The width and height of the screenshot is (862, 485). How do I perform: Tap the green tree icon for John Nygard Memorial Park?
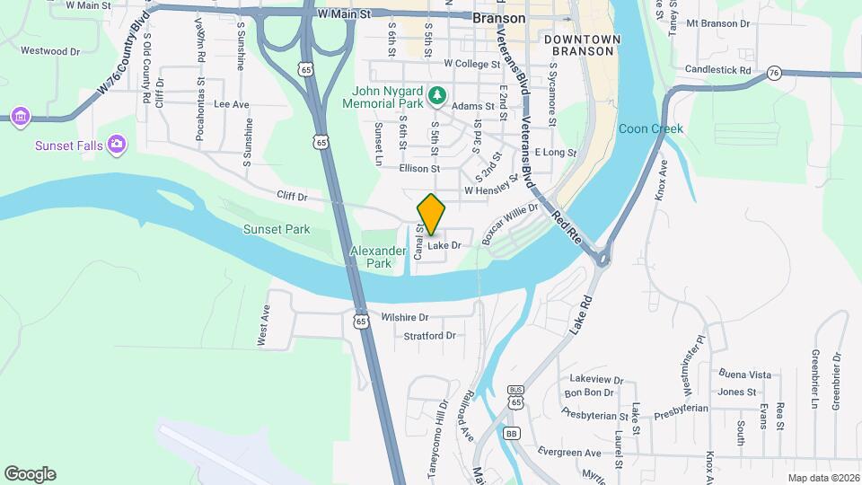coord(436,93)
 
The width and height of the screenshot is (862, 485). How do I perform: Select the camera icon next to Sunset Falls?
coord(116,144)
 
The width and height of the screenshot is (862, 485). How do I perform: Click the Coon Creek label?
coord(651,128)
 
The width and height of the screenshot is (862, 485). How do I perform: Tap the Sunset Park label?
coord(277,229)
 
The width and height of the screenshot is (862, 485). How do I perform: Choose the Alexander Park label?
coord(371,257)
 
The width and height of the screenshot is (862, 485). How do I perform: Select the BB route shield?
coord(512,433)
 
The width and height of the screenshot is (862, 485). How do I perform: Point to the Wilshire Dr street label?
coord(405,317)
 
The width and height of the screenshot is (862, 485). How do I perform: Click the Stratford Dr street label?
coord(430,335)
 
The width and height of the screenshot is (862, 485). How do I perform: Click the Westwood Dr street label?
coord(50,51)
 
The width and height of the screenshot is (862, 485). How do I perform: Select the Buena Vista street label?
coord(744,374)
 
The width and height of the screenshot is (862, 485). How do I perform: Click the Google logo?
coord(30,474)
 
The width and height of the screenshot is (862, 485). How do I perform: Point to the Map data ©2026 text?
coord(822,478)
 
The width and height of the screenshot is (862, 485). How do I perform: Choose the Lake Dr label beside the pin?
coord(444,245)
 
